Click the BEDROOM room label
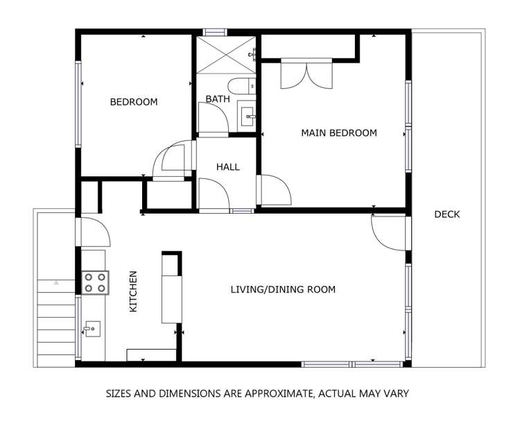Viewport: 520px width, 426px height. [134, 102]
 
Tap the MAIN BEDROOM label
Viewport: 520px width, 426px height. [338, 133]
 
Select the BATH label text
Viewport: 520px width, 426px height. [217, 99]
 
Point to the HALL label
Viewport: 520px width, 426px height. [227, 167]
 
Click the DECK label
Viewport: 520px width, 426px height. [447, 214]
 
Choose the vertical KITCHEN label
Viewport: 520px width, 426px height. [134, 291]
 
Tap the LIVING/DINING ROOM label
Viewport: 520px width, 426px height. [283, 289]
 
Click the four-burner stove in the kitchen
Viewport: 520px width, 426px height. [95, 282]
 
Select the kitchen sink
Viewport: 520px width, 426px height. [92, 330]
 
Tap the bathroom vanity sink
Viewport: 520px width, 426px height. [247, 114]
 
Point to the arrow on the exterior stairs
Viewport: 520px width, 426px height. [57, 282]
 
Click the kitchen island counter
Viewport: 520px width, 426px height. [171, 289]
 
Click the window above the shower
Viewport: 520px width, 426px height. [215, 31]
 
